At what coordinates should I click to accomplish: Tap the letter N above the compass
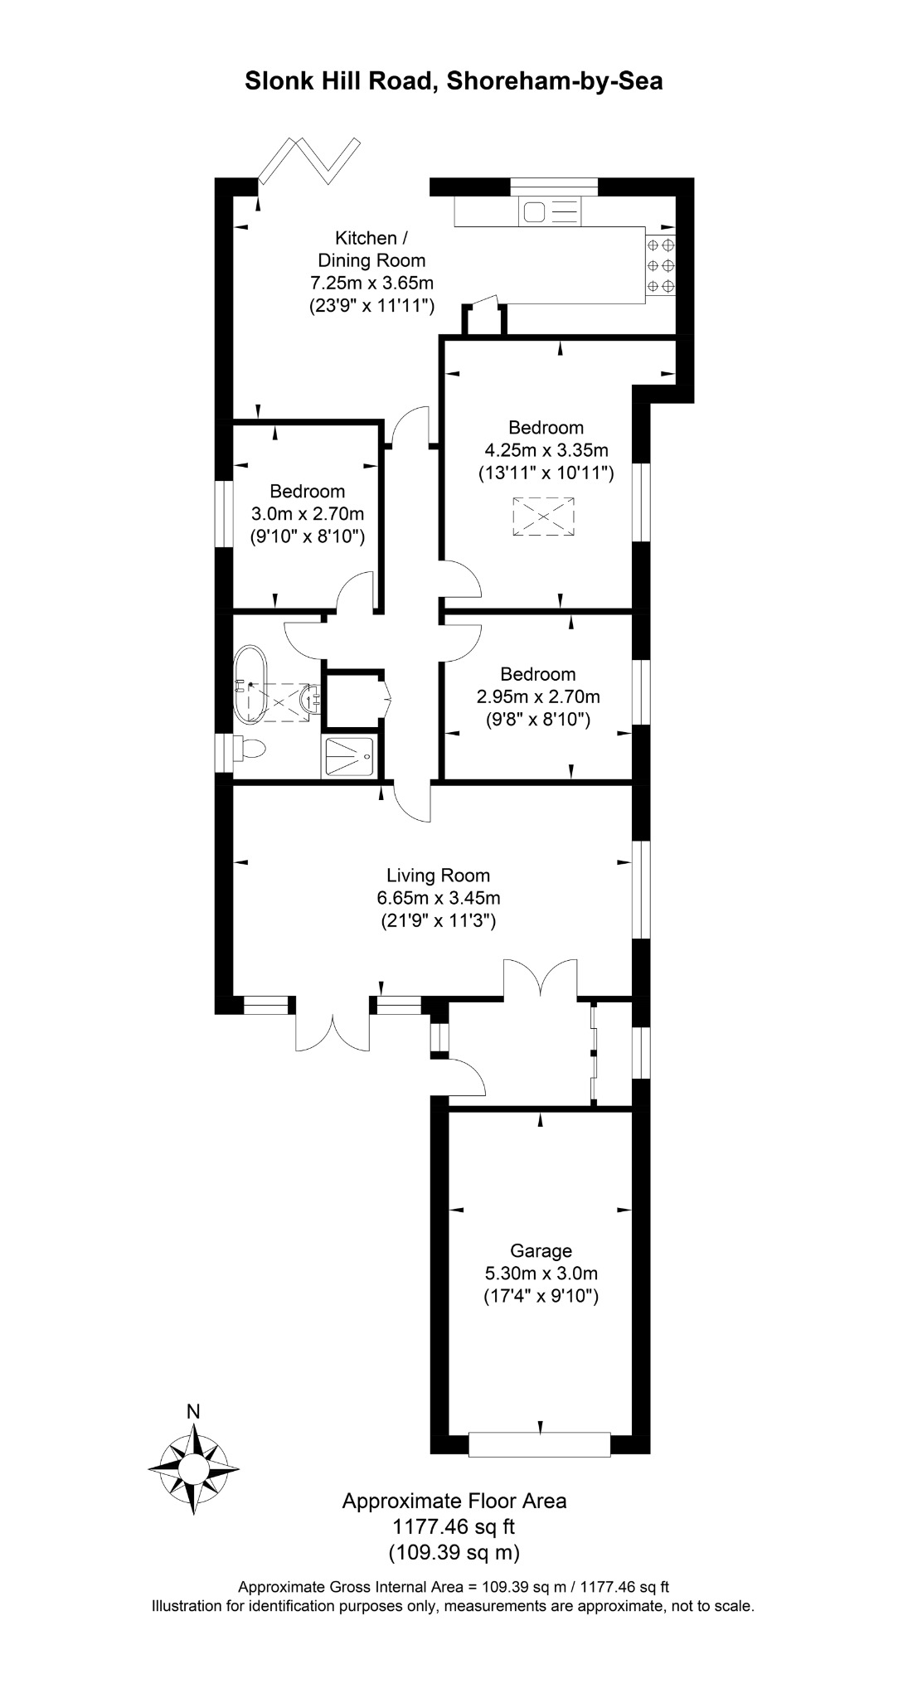coord(193,1411)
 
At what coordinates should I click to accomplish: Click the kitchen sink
coord(549,212)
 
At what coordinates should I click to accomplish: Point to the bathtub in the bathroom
coord(249,685)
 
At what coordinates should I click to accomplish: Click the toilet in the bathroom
coord(250,748)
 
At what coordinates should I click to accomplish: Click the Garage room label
coord(541,1250)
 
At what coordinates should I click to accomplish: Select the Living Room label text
coord(439,875)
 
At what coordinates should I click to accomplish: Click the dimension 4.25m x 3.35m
coord(546,450)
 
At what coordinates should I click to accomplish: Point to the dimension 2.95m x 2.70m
coord(538,696)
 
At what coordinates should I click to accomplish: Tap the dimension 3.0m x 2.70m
coord(308,514)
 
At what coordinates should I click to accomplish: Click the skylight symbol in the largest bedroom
coord(543,517)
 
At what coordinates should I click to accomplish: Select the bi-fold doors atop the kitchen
coord(308,160)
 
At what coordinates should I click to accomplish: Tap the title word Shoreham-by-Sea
coord(555,81)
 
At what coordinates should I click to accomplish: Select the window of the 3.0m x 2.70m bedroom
coord(224,514)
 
